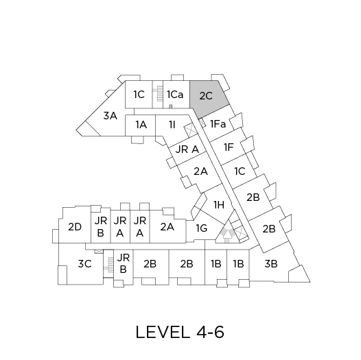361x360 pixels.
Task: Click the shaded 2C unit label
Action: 206,96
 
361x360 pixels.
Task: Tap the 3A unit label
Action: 110,115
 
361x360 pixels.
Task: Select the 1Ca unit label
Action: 175,95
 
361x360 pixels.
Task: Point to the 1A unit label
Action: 141,124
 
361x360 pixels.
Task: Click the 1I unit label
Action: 172,124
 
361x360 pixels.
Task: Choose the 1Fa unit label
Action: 218,124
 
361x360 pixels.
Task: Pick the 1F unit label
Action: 229,147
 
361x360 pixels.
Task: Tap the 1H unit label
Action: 219,204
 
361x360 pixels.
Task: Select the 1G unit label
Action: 202,228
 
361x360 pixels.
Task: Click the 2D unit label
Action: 75,227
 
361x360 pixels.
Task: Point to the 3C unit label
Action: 84,263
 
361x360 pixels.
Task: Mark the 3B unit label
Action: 270,263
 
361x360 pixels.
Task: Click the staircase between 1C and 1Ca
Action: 158,95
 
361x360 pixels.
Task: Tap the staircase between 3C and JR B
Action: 108,265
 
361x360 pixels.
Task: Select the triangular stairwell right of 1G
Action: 227,232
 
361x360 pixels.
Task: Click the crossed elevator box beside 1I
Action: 191,130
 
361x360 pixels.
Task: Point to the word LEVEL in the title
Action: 161,332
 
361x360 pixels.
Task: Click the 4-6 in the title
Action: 210,332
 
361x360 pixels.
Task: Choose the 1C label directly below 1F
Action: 240,171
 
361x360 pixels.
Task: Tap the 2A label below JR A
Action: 200,171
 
